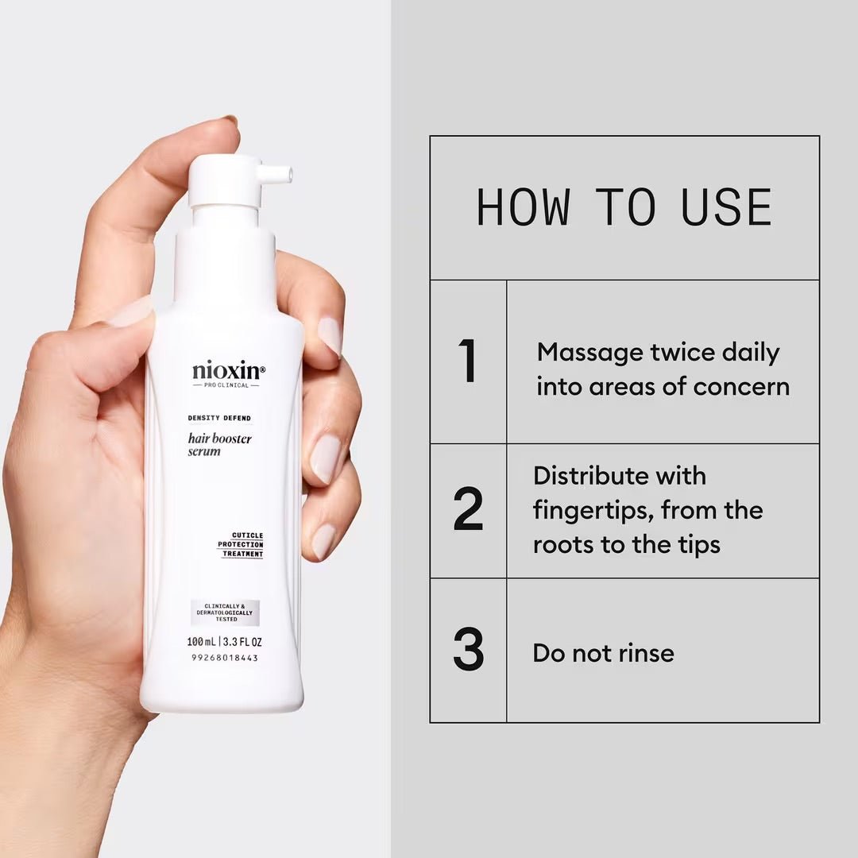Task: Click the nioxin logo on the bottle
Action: (228, 370)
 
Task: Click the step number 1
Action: (468, 361)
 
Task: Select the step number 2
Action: (468, 509)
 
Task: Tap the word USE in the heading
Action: (726, 207)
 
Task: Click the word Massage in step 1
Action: (585, 352)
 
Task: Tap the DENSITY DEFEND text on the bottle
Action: (218, 418)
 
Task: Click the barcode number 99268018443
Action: (225, 658)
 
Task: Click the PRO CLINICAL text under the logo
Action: (226, 385)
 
